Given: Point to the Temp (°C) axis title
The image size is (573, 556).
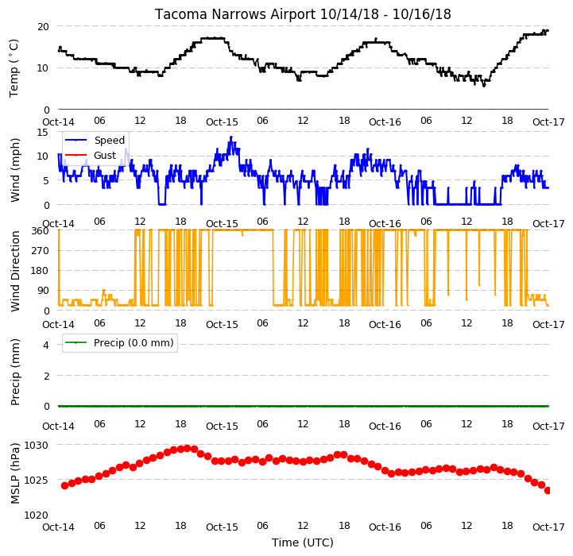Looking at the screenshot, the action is [14, 68].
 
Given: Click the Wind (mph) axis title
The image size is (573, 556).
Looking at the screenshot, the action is [14, 170].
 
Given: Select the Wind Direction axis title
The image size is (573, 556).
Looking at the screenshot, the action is [14, 271].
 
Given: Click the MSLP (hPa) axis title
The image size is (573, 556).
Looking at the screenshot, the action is [14, 473].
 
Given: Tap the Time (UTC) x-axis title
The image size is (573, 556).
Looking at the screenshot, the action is [303, 542].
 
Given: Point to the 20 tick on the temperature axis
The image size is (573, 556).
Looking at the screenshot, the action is [43, 27].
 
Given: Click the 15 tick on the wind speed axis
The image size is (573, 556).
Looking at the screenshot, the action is [43, 132].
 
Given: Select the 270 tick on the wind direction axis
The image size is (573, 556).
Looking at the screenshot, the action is [40, 251].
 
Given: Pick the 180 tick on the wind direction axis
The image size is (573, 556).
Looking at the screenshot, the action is [40, 271].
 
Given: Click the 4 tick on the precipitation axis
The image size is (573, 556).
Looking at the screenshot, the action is [45, 345].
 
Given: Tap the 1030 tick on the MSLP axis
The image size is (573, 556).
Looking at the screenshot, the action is [37, 446].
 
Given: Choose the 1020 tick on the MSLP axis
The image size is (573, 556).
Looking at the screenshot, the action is [37, 515].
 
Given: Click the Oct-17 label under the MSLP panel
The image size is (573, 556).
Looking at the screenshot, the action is [548, 527].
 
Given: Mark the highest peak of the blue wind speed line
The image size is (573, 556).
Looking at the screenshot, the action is [231, 137].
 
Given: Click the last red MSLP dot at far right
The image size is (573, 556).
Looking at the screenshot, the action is [548, 490].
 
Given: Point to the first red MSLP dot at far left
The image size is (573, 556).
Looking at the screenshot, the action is [64, 485].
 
